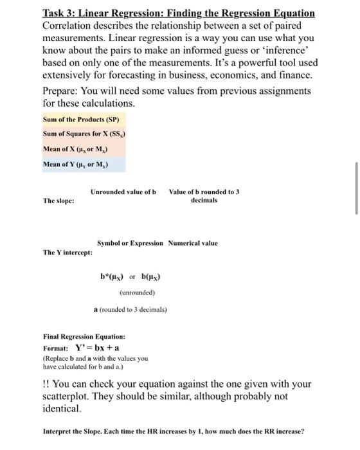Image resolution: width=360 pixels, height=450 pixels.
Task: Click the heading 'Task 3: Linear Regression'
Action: point(179,13)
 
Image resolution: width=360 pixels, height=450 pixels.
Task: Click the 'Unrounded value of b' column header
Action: point(123,192)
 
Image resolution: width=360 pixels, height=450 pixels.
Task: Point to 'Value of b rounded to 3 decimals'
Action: point(204,195)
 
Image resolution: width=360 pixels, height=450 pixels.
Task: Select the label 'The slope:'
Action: point(58,201)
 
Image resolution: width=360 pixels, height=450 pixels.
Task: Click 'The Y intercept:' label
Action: point(67,252)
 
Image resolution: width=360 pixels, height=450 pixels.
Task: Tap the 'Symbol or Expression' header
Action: point(129,243)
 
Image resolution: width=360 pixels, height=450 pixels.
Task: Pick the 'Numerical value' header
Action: point(193,243)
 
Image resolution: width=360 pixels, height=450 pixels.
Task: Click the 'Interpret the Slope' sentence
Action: point(173,431)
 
